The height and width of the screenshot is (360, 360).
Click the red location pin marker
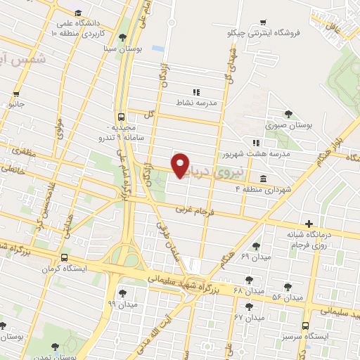click(x=181, y=165)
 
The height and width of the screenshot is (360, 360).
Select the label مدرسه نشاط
click(x=197, y=102)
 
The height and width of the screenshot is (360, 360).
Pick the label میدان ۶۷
click(x=248, y=318)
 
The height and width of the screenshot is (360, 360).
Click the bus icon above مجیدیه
click(x=122, y=117)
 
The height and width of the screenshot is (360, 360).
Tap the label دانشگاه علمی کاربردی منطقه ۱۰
click(x=79, y=27)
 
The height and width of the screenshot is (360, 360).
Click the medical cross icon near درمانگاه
click(x=307, y=224)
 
